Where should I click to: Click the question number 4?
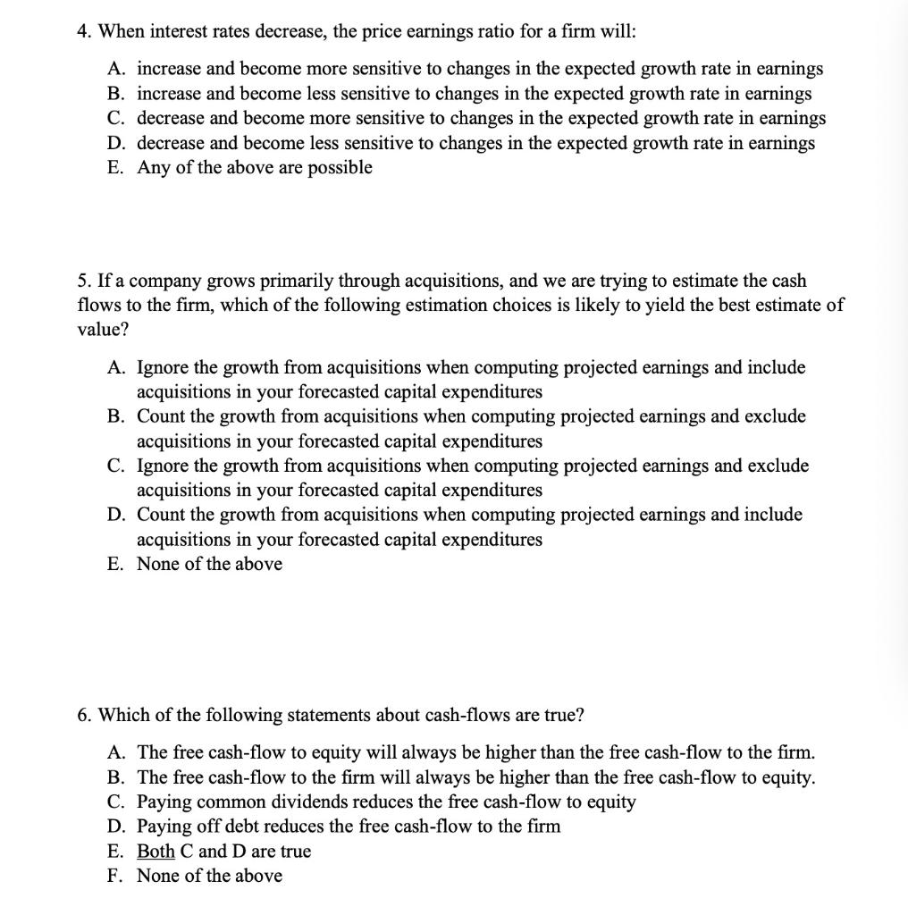pos(82,31)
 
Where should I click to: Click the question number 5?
pos(82,281)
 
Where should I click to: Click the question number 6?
pos(82,715)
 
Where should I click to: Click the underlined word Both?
pos(156,851)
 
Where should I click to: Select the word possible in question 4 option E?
pos(340,168)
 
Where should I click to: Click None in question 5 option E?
pos(158,564)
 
